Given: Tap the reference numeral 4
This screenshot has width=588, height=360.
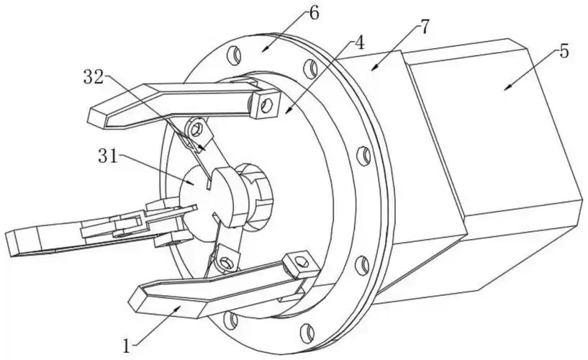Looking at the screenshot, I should coord(358,42).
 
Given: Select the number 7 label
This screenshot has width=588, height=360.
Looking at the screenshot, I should coord(425,27).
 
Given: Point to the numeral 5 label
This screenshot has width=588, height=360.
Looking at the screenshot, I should coord(564,51).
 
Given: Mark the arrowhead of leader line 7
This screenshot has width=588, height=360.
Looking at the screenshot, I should coord(372,68).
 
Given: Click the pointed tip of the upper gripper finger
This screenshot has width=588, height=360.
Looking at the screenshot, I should coord(91,114).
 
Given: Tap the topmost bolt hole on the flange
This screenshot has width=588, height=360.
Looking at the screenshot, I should coord(235,54).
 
